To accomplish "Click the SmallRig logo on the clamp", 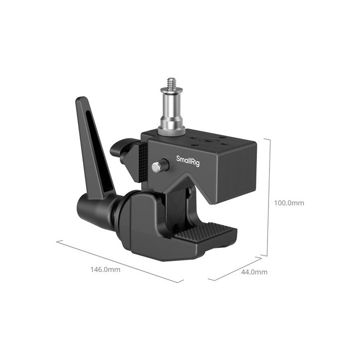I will click(188, 161).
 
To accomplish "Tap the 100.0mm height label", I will click(289, 203).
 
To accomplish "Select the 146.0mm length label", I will click(105, 269).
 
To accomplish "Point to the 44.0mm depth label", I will click(254, 272).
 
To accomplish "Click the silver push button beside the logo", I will click(157, 166).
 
